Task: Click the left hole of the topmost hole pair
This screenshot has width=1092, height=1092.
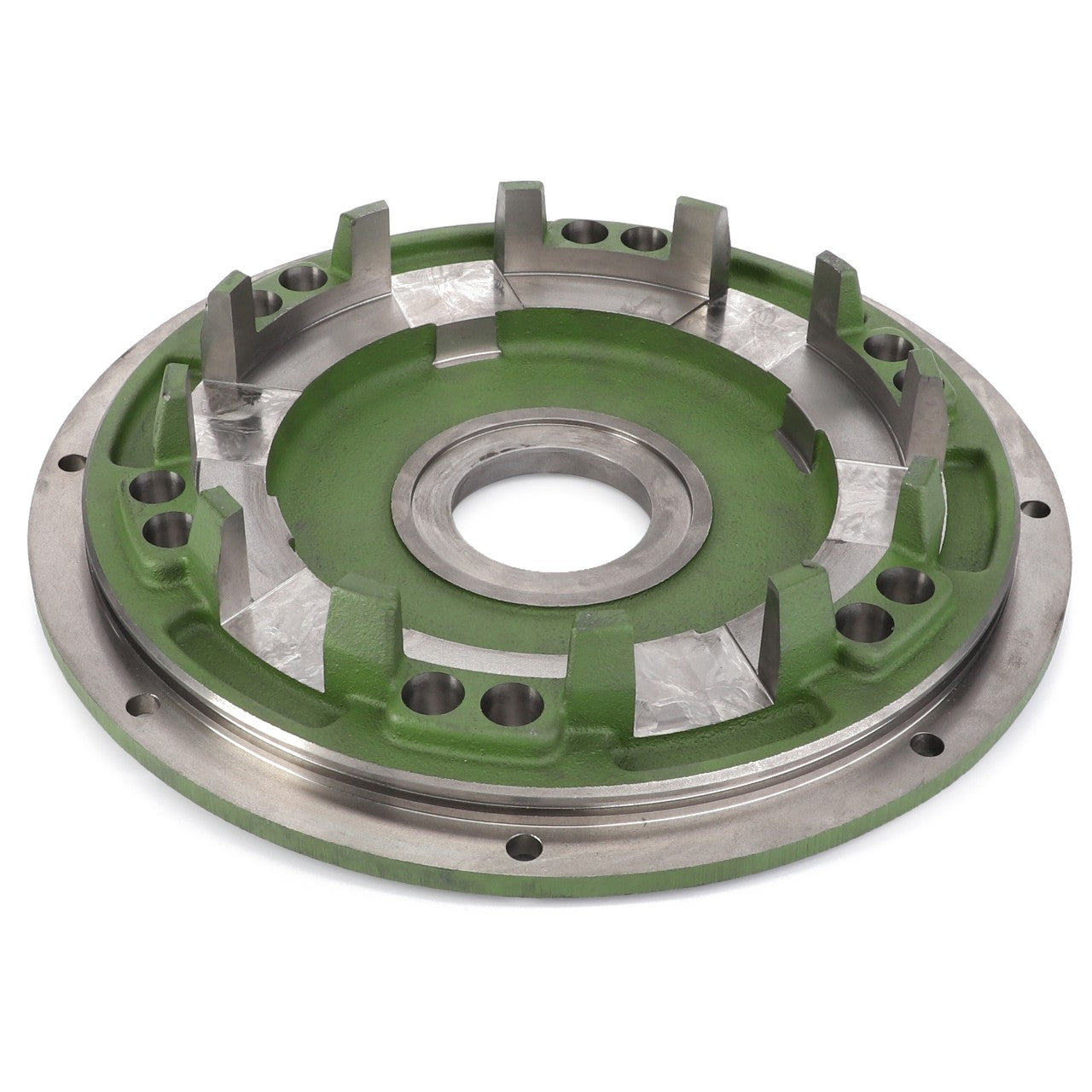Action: (x=585, y=233)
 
